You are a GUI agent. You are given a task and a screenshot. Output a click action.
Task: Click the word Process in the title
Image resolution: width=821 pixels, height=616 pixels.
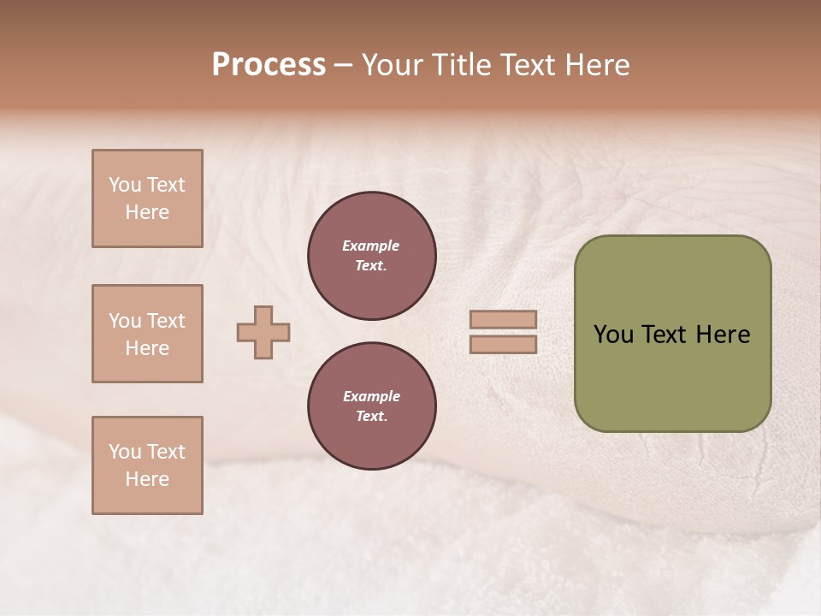[269, 65]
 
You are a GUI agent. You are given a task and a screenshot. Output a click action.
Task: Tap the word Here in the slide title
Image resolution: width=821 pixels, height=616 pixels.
[596, 65]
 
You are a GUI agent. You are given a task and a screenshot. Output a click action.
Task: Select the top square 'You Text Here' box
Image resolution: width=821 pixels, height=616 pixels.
[147, 198]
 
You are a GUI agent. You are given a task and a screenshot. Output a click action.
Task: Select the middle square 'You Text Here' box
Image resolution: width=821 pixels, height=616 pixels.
[147, 334]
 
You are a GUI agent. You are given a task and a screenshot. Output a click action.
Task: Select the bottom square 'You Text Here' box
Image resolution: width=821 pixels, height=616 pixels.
[147, 465]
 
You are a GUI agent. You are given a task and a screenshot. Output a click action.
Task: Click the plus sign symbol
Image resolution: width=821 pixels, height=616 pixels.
[263, 333]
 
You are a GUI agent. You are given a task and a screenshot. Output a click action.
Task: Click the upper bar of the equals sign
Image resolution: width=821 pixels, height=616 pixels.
[504, 320]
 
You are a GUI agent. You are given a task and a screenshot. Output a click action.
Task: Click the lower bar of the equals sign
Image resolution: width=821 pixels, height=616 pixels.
[504, 345]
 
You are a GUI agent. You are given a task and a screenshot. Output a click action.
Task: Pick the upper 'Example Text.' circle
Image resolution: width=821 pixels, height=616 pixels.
[372, 256]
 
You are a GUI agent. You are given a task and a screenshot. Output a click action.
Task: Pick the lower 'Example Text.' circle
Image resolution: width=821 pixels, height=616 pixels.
[372, 406]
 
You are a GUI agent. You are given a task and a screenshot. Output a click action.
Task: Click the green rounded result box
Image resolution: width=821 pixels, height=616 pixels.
[672, 334]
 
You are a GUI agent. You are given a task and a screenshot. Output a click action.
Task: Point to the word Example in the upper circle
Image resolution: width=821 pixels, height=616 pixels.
[371, 246]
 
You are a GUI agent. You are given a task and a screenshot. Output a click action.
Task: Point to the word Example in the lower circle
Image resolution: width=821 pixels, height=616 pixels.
[371, 397]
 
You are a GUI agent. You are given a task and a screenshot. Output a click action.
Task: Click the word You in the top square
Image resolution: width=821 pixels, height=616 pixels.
[125, 185]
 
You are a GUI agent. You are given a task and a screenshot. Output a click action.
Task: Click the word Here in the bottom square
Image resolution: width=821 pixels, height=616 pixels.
[147, 479]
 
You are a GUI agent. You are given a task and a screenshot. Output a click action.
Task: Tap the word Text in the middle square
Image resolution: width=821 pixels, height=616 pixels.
[166, 321]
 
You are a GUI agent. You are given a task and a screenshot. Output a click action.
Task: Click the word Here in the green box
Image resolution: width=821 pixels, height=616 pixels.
[723, 335]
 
